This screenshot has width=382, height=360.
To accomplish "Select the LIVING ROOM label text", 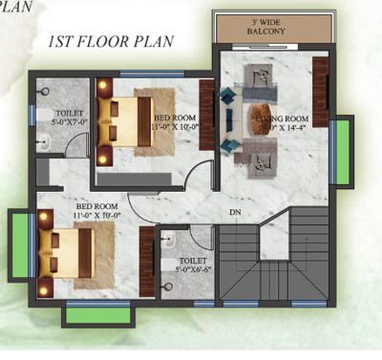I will (276, 122).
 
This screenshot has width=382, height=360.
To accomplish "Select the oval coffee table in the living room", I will (262, 118).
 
